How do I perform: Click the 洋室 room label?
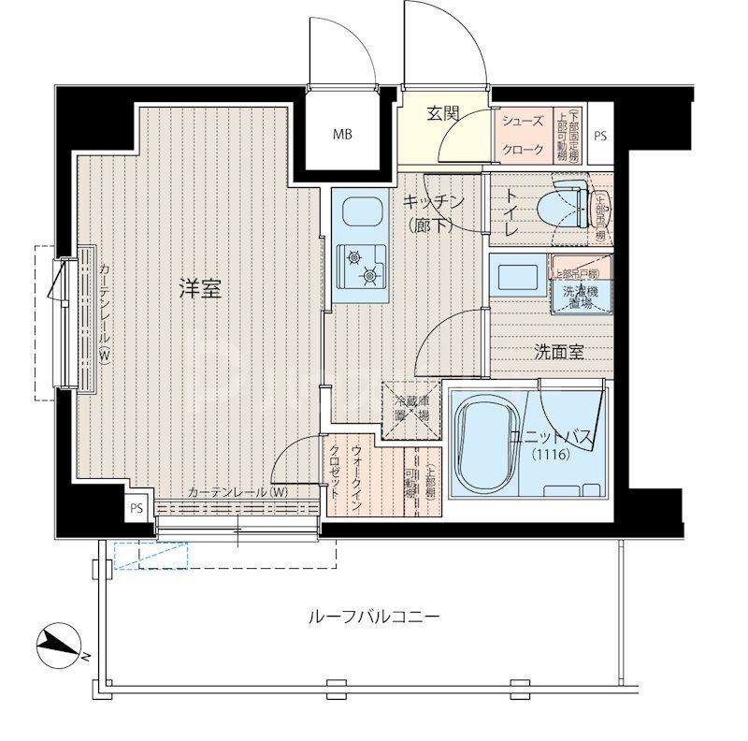[200, 289]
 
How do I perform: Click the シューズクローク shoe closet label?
[524, 135]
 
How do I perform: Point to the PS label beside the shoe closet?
[599, 136]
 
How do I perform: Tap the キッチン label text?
[434, 202]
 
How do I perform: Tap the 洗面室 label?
[559, 352]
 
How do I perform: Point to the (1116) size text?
[549, 455]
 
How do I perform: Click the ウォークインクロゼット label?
[345, 476]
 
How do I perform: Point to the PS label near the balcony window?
[137, 508]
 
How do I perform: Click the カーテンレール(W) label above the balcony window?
[237, 493]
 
